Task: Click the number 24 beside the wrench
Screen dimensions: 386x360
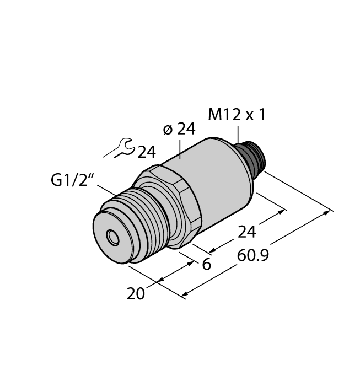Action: pyautogui.click(x=146, y=152)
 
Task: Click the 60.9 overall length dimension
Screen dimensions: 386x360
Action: pyautogui.click(x=249, y=256)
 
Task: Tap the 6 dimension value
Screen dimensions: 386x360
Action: pyautogui.click(x=207, y=265)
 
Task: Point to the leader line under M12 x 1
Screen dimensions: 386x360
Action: pyautogui.click(x=238, y=134)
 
